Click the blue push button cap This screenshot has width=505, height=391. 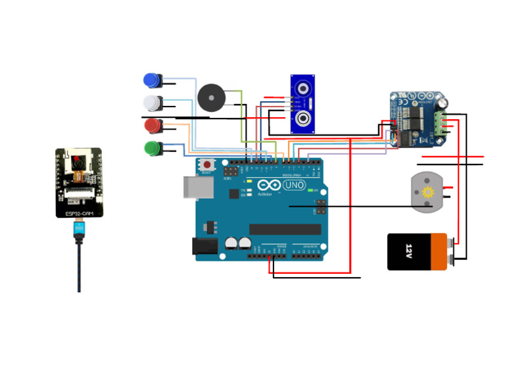[151, 80]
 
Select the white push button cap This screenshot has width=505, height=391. [151, 103]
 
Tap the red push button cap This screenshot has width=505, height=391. [151, 125]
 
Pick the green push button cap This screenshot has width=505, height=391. [151, 148]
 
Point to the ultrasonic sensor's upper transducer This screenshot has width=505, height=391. [303, 88]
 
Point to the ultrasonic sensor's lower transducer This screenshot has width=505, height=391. [303, 119]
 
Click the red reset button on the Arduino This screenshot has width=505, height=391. [208, 165]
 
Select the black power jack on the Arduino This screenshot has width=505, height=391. [204, 246]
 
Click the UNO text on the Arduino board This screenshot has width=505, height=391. [293, 185]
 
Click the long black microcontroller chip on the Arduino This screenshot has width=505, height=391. [285, 229]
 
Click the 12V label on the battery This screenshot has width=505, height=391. [408, 251]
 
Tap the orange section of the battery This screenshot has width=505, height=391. [439, 252]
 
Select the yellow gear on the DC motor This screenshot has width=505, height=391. [429, 192]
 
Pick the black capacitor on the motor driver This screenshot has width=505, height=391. [444, 103]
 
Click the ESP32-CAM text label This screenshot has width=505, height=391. [78, 214]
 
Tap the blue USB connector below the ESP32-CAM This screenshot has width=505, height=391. [79, 230]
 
